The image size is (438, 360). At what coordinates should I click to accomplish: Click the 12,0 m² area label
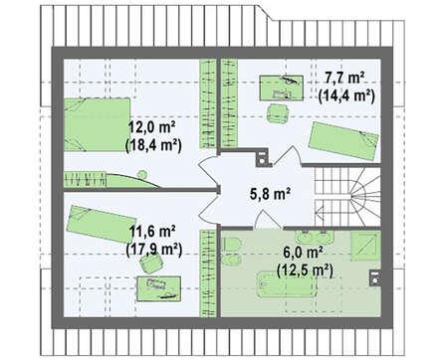[152, 127]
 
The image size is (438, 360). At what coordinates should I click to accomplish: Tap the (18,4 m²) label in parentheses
[153, 145]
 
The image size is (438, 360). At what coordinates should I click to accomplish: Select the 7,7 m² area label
[345, 79]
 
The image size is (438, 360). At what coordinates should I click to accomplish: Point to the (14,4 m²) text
[346, 95]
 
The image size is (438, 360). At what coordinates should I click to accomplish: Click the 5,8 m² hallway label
[270, 194]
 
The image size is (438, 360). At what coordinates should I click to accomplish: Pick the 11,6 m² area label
[152, 231]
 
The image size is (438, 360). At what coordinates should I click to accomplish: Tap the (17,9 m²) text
[154, 250]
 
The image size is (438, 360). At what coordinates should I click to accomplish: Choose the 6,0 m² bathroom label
[304, 253]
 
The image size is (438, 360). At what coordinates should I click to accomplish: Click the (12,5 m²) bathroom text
[305, 270]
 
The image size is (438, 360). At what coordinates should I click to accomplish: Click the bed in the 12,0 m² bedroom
[97, 124]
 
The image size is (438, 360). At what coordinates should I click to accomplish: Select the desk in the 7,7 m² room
[281, 88]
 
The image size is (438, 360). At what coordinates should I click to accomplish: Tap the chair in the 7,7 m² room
[278, 113]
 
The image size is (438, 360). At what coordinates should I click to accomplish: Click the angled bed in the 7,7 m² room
[343, 141]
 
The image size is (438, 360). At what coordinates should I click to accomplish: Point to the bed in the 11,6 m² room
[102, 224]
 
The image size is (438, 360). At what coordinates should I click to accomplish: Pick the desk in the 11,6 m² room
[159, 288]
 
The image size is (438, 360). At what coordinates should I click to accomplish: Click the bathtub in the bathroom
[287, 284]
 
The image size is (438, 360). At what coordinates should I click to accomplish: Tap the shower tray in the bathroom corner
[365, 246]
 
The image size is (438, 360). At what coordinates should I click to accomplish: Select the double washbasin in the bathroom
[314, 237]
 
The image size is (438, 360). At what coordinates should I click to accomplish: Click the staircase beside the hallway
[347, 197]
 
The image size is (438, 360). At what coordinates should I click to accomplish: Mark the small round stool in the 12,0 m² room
[142, 174]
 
